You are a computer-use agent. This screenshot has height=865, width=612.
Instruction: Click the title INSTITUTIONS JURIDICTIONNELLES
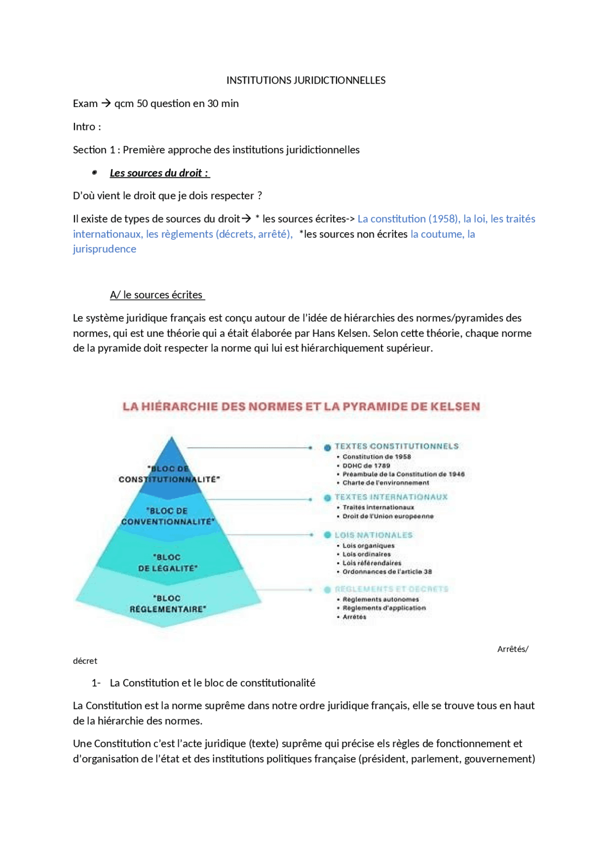click(x=306, y=80)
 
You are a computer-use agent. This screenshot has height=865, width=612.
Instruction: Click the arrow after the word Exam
click(x=106, y=103)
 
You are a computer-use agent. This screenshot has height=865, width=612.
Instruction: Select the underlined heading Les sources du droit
click(x=159, y=173)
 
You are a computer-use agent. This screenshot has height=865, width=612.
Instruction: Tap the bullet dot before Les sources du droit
click(x=95, y=173)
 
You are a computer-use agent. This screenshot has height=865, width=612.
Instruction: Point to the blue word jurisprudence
click(x=104, y=249)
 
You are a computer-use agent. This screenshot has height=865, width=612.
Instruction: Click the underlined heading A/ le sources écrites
click(x=157, y=295)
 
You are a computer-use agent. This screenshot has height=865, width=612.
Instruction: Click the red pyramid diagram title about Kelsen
click(x=301, y=406)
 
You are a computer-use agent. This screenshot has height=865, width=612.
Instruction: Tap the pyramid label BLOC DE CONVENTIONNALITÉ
click(x=168, y=516)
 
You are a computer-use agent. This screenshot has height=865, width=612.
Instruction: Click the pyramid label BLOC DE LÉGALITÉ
click(x=168, y=563)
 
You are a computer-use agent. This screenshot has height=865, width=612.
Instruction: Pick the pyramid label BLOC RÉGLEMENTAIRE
click(x=168, y=604)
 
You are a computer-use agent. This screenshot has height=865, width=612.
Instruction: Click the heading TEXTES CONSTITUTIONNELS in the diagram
click(x=396, y=446)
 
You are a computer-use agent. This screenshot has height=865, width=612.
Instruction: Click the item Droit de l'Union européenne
click(x=388, y=516)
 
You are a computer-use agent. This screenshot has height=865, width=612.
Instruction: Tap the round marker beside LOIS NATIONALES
click(x=328, y=535)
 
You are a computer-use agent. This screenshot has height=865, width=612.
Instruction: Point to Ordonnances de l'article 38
click(x=387, y=572)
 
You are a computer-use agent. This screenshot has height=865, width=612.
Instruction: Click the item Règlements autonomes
click(x=381, y=599)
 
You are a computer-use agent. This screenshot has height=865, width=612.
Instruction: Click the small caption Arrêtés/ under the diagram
click(x=513, y=649)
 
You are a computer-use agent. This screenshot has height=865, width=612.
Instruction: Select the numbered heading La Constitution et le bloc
click(x=212, y=683)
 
